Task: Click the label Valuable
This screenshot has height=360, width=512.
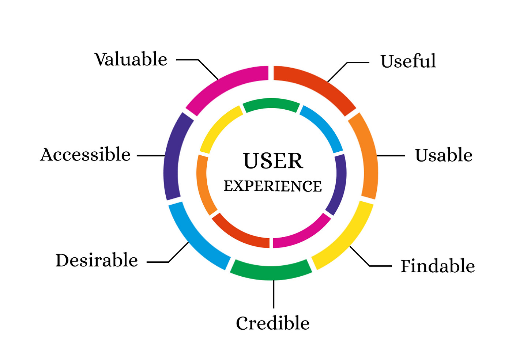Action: [131, 59]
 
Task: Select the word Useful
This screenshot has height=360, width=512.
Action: [408, 61]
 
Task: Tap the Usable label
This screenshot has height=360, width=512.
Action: [443, 155]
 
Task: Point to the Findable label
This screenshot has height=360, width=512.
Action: [437, 266]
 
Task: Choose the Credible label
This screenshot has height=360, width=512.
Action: [273, 323]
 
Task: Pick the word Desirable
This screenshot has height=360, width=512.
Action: [97, 261]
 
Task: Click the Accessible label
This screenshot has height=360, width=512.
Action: [85, 155]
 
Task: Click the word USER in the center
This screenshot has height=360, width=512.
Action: [273, 161]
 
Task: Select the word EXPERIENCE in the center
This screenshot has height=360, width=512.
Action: [273, 186]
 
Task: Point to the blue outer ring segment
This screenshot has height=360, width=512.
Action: [196, 238]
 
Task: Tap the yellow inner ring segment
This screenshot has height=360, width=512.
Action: [219, 128]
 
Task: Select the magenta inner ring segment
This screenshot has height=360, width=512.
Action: [304, 232]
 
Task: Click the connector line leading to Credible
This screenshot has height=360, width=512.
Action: [274, 294]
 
